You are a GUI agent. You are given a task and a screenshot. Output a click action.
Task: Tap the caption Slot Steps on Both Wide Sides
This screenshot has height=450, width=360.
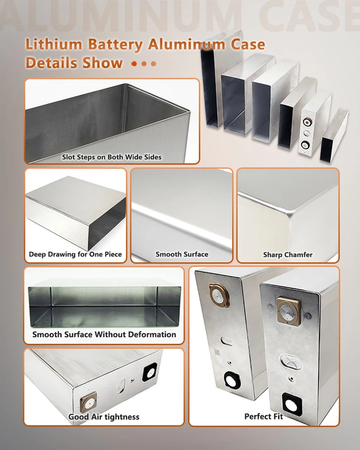[112, 157]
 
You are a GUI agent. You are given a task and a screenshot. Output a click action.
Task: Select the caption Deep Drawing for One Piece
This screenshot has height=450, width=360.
[75, 254]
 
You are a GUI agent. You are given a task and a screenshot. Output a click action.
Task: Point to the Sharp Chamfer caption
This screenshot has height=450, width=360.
[287, 254]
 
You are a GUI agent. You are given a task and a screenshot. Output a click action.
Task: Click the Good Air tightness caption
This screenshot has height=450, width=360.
[103, 416]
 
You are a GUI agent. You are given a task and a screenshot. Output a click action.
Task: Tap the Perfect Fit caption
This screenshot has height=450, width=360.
[264, 416]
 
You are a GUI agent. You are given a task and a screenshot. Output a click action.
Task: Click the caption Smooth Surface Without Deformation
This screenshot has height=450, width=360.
[104, 335]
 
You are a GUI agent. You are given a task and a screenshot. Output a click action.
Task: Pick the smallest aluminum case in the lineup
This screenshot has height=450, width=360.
[334, 134]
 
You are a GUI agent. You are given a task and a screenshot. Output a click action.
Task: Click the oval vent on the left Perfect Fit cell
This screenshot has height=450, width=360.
[225, 340]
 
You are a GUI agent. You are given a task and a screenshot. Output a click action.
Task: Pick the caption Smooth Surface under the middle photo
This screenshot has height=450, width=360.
[182, 254]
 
